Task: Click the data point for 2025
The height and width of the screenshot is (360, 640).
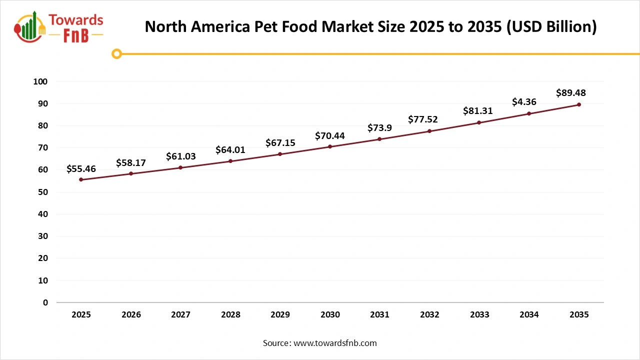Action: (x=81, y=179)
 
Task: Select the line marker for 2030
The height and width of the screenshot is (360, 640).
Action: (x=330, y=146)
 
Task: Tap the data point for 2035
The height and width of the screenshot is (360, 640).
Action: (x=579, y=104)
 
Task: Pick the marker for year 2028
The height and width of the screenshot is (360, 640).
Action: (x=230, y=161)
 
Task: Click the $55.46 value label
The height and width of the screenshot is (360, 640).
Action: (x=81, y=169)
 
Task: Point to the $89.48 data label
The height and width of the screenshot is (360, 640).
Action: (x=570, y=93)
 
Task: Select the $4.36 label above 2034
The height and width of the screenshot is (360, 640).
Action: (x=524, y=102)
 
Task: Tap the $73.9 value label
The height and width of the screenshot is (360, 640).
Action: (x=379, y=128)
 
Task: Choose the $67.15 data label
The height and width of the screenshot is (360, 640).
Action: (x=280, y=143)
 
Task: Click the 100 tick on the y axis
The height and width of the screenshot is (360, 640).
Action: (x=41, y=81)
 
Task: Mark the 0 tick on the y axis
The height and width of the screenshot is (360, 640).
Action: (x=45, y=302)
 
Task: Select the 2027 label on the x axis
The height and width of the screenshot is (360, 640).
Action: (x=180, y=314)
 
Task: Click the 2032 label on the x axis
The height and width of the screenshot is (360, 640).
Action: (x=429, y=314)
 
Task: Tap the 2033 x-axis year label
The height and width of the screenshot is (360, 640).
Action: (x=479, y=314)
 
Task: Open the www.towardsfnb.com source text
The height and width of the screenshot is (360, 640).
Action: (x=335, y=343)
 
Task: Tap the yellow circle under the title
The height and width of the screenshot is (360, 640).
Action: (x=116, y=53)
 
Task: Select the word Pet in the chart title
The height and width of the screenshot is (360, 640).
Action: (x=257, y=26)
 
